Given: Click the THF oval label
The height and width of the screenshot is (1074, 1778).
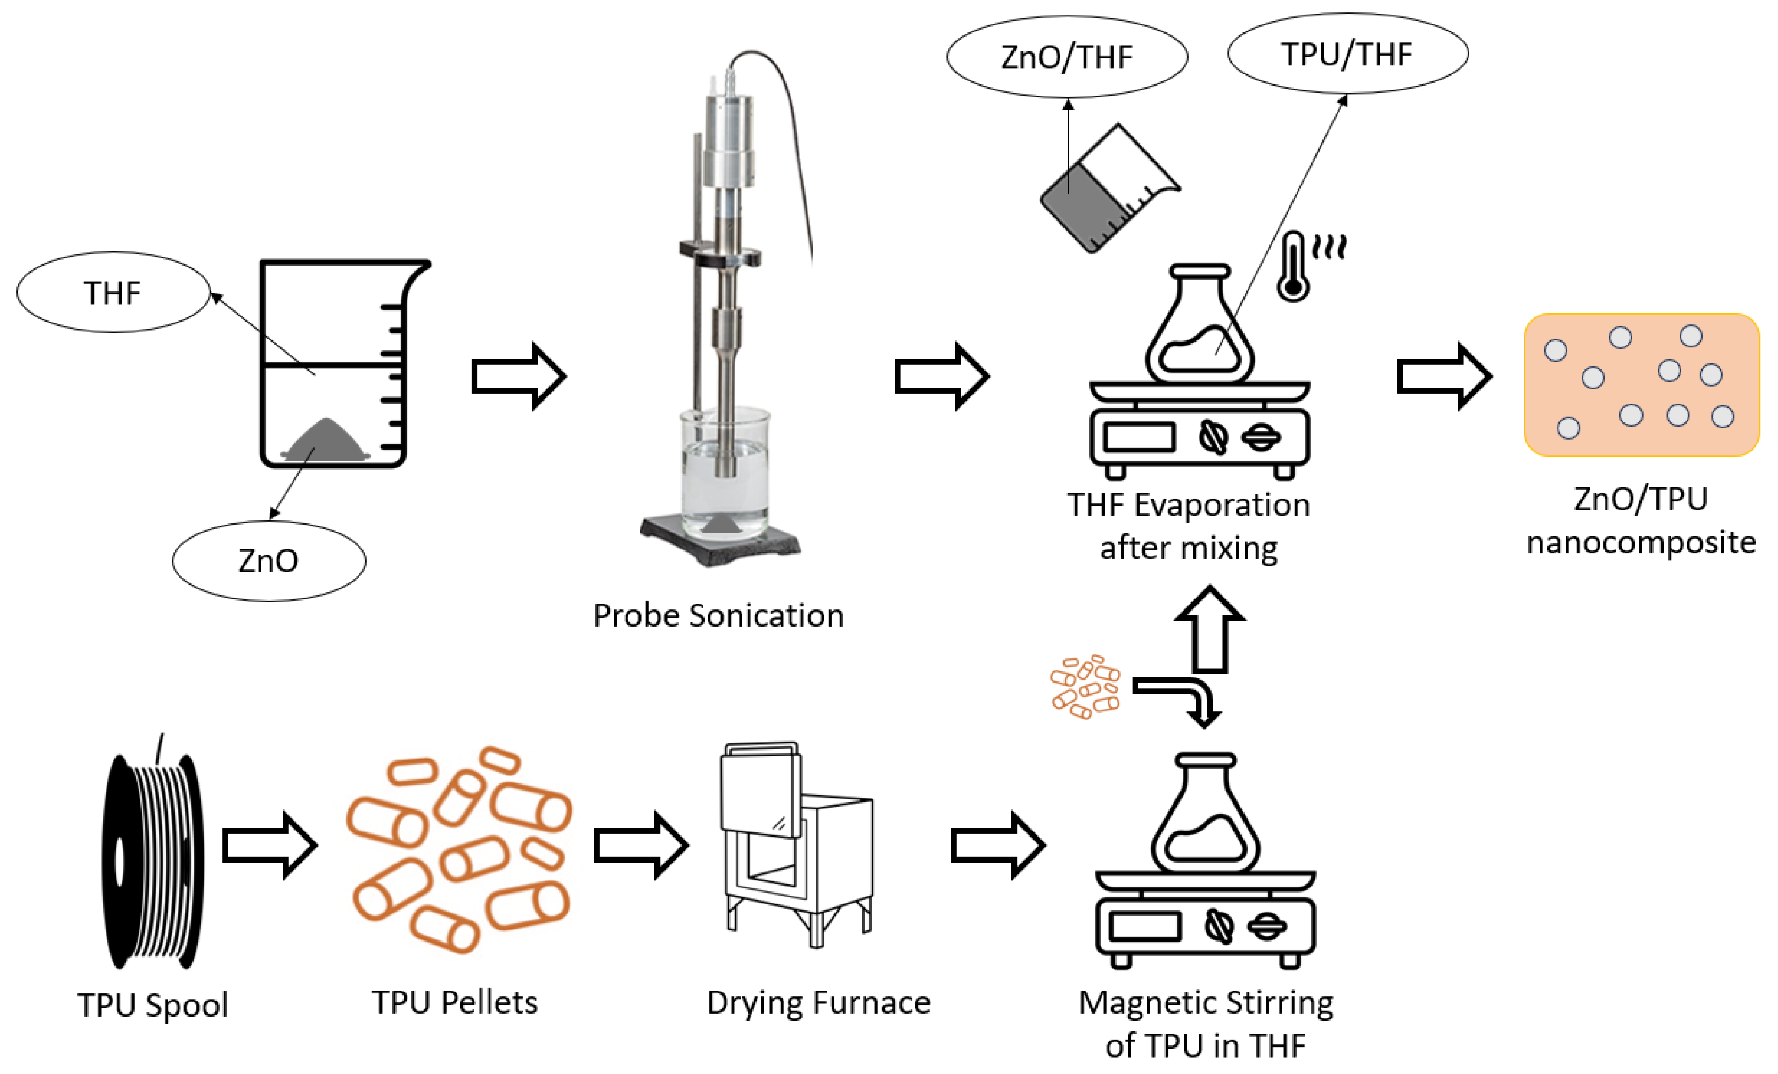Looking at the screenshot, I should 113,293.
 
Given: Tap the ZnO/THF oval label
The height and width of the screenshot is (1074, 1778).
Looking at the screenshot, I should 1067,57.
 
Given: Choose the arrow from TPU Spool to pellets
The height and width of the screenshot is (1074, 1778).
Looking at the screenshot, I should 269,845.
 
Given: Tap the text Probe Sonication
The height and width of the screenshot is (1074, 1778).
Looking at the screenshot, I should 718,615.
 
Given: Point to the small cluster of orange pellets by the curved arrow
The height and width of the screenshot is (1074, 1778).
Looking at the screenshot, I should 1085,686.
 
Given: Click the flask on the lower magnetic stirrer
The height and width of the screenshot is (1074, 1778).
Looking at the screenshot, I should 1205,815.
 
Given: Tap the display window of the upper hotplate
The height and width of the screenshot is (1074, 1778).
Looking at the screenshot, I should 1139,437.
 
